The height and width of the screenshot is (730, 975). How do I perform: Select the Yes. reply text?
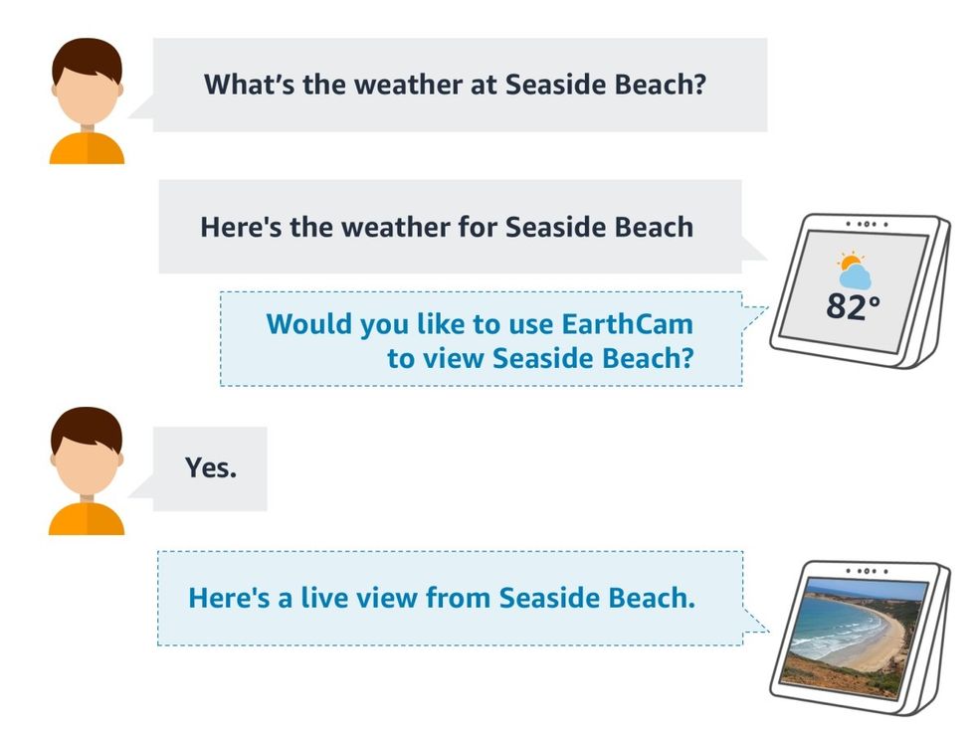pos(210,467)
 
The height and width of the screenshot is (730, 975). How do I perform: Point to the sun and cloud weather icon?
pos(853,269)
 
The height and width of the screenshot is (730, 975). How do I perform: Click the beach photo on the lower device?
pos(853,631)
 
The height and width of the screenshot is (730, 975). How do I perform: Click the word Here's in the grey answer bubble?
pos(241,226)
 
